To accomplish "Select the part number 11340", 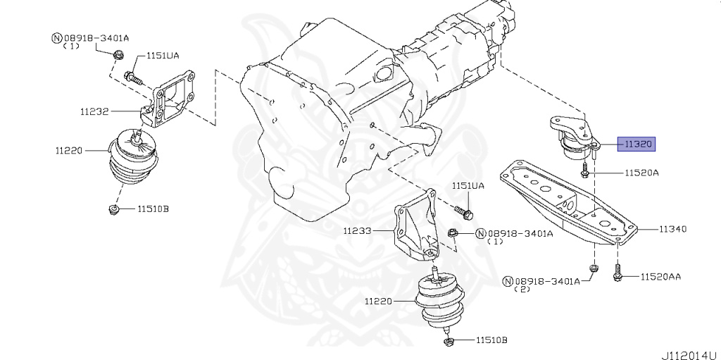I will (673, 229).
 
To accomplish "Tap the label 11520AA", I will (660, 277).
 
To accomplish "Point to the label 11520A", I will (640, 173).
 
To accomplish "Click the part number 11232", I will (93, 111).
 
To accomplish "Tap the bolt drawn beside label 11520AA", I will (617, 273).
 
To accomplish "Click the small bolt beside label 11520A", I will (585, 169).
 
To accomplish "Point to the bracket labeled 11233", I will (415, 225).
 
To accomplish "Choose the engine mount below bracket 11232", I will (133, 161).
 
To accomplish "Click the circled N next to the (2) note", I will (507, 281).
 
